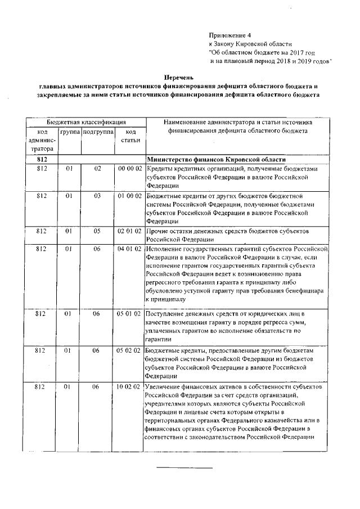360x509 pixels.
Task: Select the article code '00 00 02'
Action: coord(129,168)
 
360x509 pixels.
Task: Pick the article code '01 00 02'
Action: coord(129,195)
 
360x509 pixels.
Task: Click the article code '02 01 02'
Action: coord(129,231)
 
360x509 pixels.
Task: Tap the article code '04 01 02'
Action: coord(129,248)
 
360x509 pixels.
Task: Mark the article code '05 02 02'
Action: coord(129,350)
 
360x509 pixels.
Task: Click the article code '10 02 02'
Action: coord(129,387)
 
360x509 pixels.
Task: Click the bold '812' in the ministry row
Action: coord(42,159)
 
